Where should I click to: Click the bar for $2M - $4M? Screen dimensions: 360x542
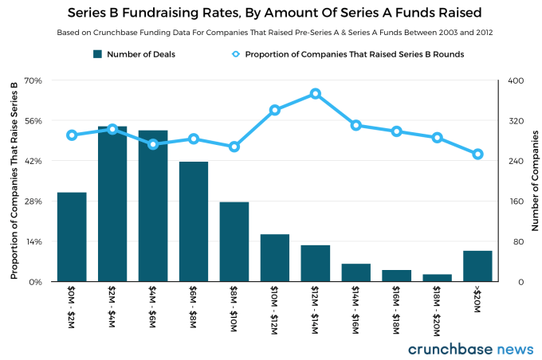coord(112,204)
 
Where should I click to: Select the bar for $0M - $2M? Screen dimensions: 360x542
coord(72,237)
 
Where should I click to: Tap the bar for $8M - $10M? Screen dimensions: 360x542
coord(234,241)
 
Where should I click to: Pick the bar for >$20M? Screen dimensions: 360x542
coord(477,266)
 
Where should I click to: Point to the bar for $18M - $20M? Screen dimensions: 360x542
coord(437,278)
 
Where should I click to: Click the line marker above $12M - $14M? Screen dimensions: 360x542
coord(316,94)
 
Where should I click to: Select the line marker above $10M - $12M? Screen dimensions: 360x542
coord(275,110)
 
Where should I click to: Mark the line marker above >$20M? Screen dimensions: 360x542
coord(477,155)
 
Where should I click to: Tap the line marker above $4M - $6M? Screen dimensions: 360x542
coord(153,144)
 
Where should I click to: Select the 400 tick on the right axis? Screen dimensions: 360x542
coord(516,80)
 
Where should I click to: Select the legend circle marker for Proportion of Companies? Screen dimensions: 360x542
coord(235,54)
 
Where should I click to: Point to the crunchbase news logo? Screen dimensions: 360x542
coord(470,349)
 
